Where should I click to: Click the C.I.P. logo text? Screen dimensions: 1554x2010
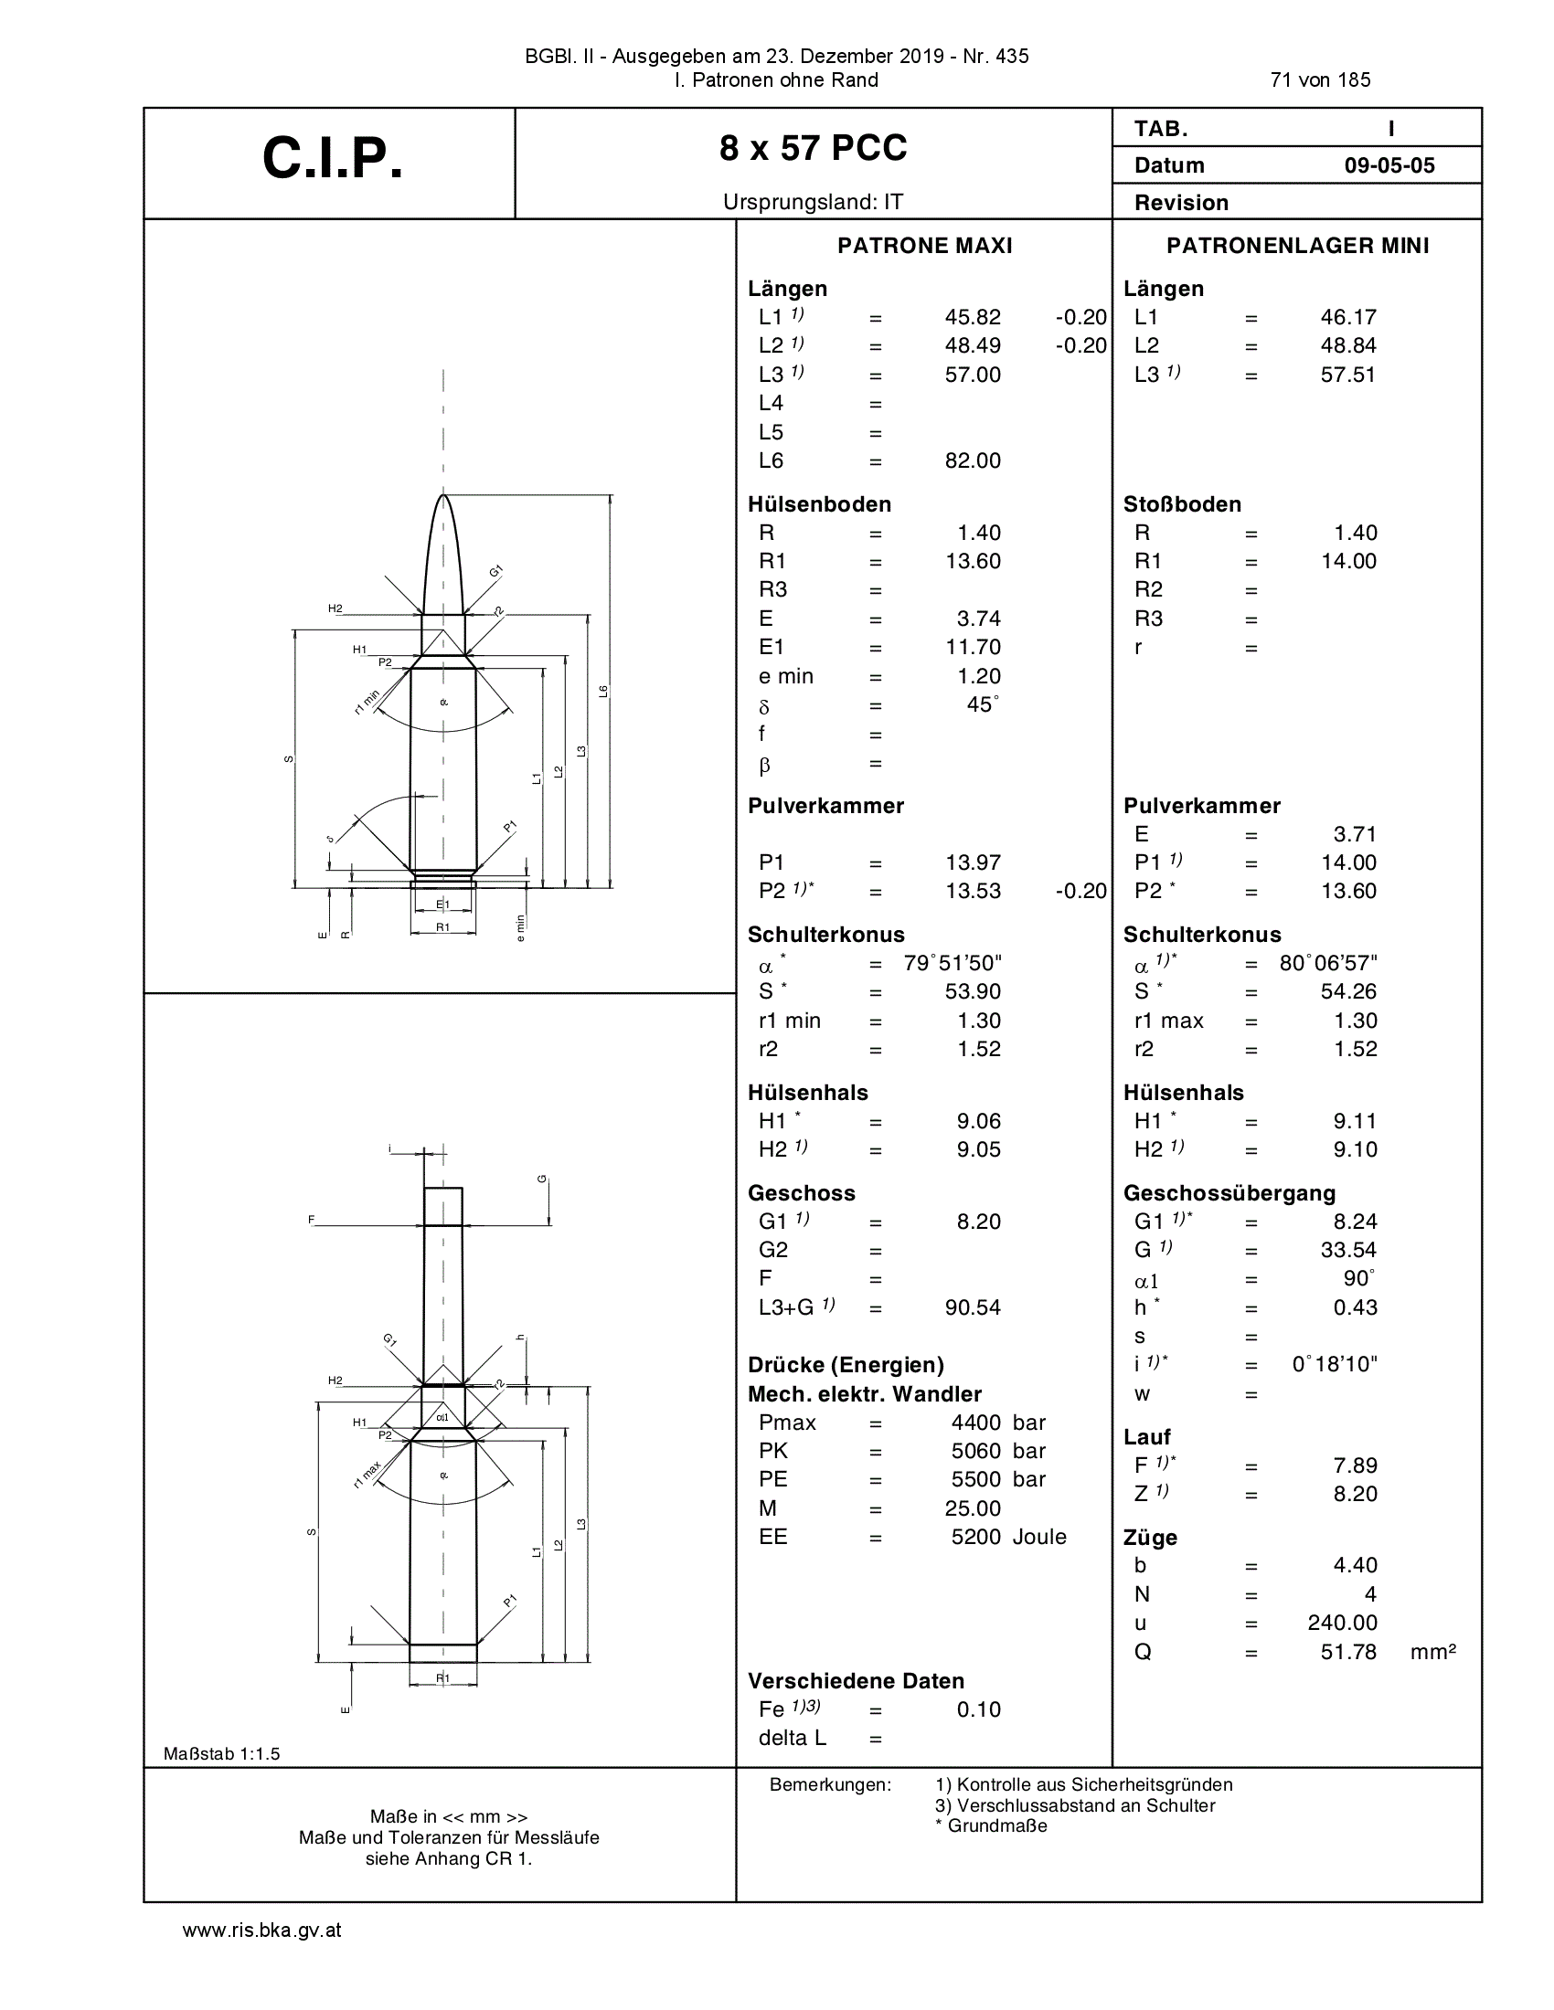tap(334, 158)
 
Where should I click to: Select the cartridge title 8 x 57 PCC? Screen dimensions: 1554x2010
tap(814, 147)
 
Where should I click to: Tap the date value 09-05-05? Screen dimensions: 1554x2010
tap(1389, 165)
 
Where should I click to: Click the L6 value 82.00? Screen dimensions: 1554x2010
tap(973, 460)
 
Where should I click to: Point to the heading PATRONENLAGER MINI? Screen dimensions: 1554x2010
tap(1298, 246)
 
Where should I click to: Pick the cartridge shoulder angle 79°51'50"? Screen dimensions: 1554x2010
tap(953, 963)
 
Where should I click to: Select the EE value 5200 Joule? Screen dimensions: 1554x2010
tap(1009, 1536)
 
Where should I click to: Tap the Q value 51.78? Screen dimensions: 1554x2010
tap(1348, 1651)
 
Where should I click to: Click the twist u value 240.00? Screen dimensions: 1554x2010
tap(1342, 1623)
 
